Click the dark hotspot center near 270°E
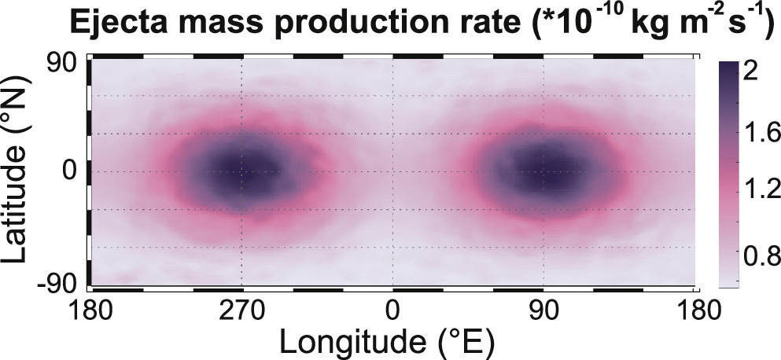[x=240, y=173]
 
